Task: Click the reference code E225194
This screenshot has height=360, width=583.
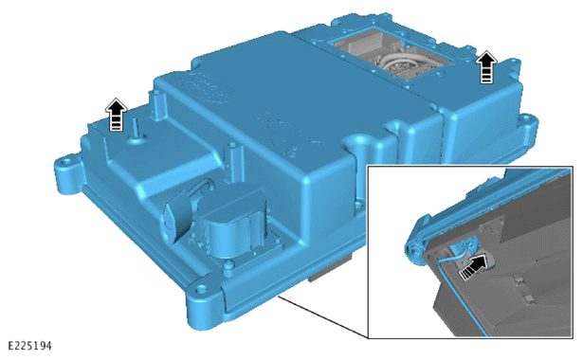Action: pos(29,346)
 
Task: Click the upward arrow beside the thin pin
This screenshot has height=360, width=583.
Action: pos(116,115)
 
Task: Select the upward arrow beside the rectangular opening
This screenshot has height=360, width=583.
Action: pos(486,67)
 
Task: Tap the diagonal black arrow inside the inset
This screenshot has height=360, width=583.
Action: pos(473,266)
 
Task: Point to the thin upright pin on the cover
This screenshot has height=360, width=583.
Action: pos(136,130)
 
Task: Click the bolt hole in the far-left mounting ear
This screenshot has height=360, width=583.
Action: pos(67,162)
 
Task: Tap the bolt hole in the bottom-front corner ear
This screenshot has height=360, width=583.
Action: pos(201,288)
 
